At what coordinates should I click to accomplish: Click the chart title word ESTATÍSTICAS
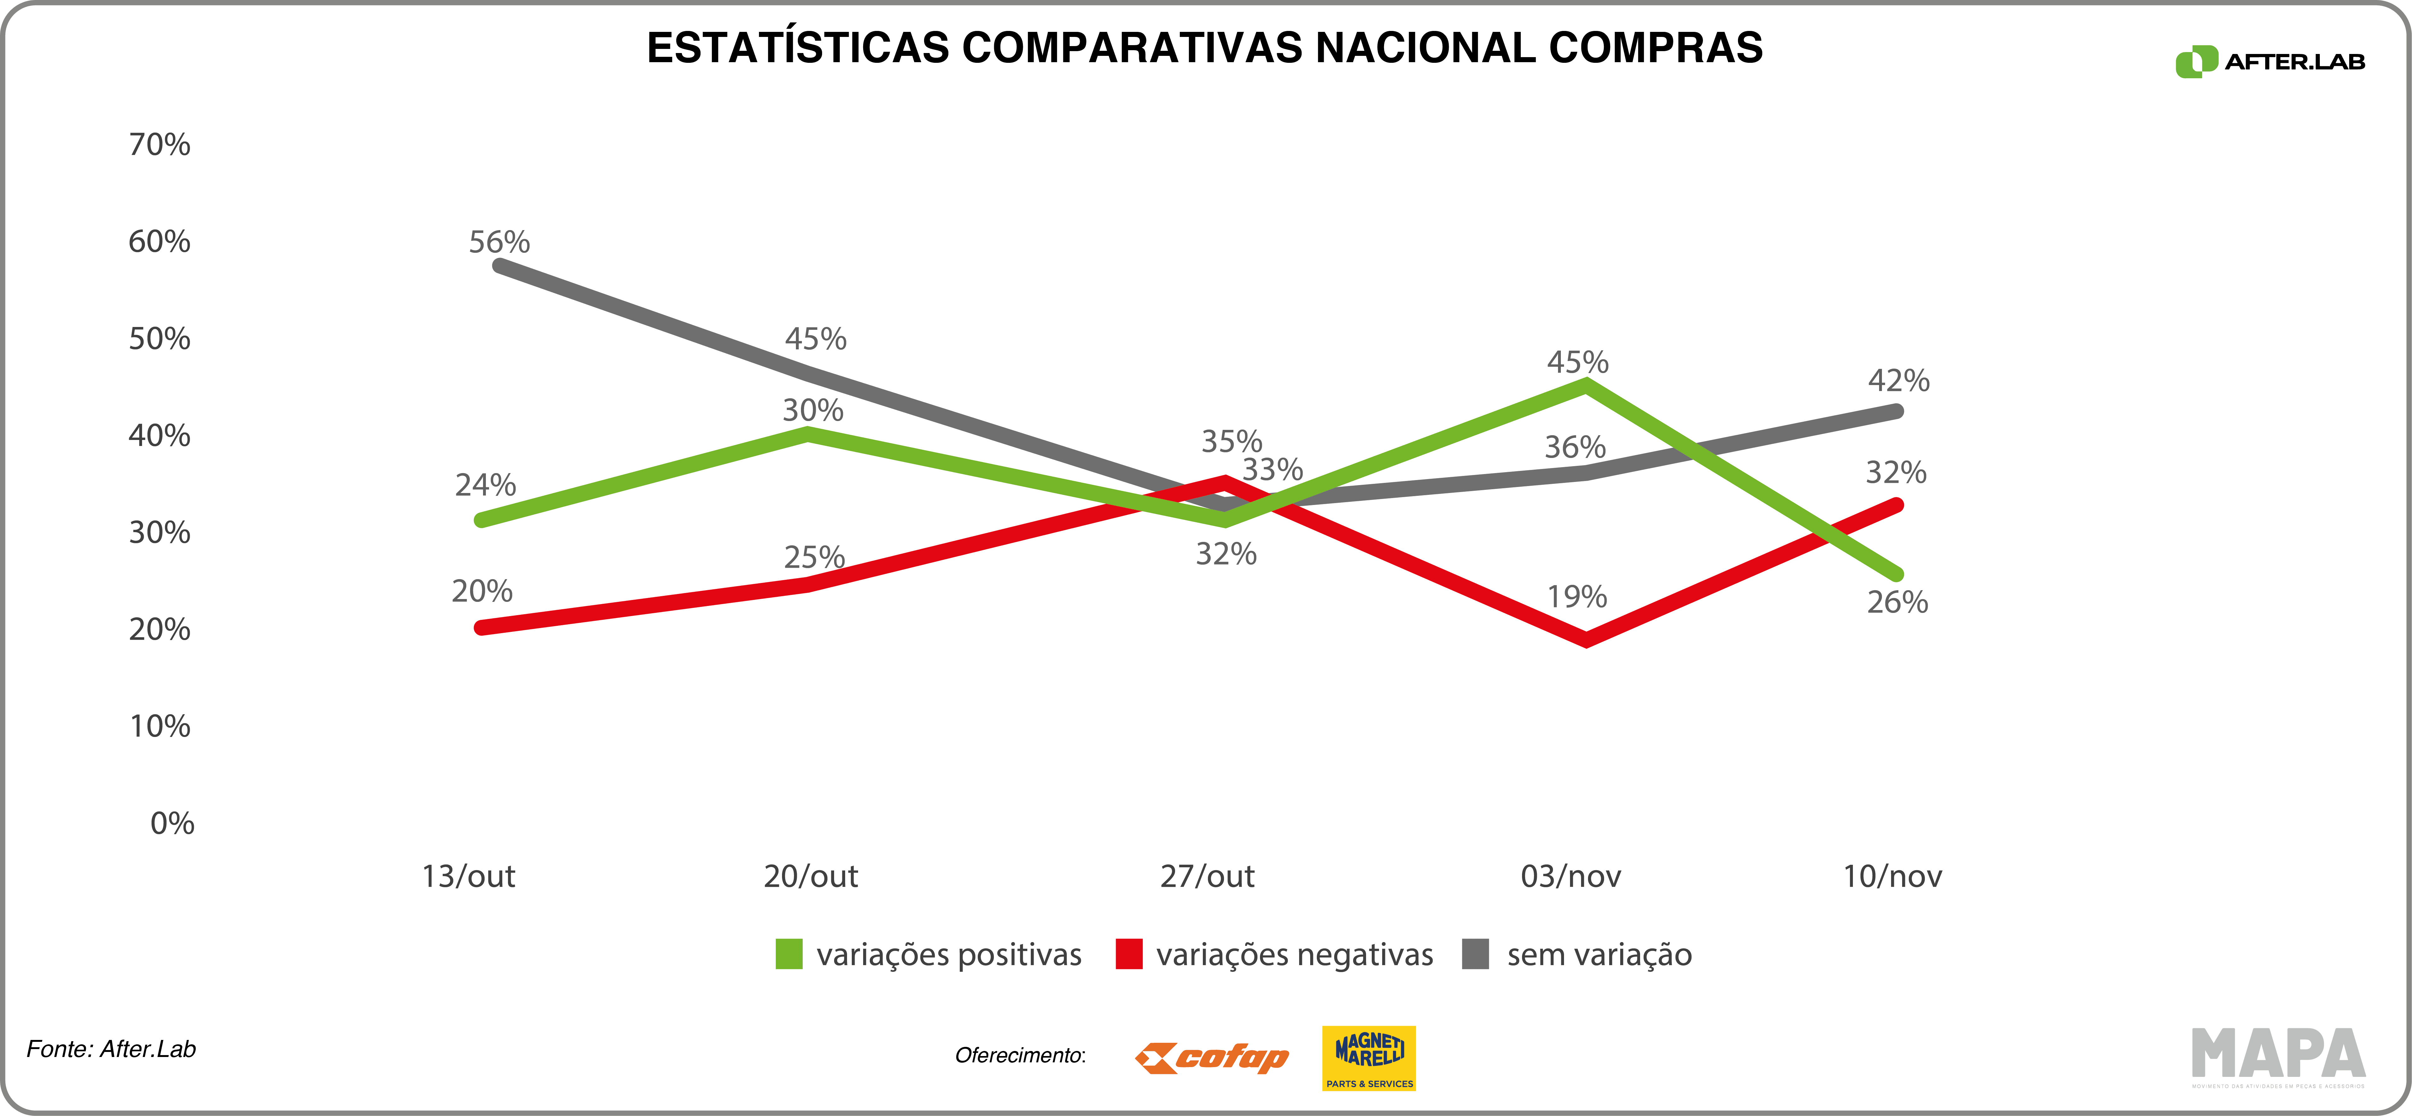point(798,49)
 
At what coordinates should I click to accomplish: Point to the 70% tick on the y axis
point(159,145)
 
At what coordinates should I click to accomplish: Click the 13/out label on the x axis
point(468,876)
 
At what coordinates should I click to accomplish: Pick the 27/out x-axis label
point(1207,876)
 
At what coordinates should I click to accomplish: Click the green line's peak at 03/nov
point(1584,384)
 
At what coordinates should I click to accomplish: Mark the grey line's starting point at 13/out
point(499,266)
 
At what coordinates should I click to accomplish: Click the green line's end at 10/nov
point(1897,574)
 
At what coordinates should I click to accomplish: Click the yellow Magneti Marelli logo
point(1368,1058)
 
